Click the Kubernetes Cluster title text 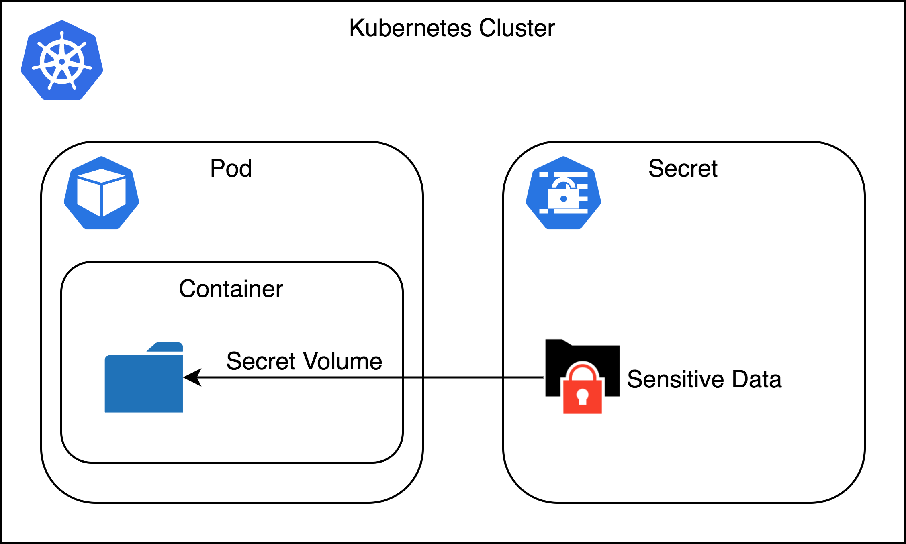click(x=452, y=28)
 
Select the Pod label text click(x=231, y=168)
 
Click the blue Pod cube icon click(x=101, y=193)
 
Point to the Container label click(x=231, y=289)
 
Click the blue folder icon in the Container click(x=143, y=381)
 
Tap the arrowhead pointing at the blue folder click(x=192, y=377)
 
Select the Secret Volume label click(x=304, y=361)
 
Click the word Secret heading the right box click(x=683, y=168)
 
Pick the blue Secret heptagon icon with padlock click(x=563, y=193)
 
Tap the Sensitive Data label click(x=704, y=379)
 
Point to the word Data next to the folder click(x=757, y=379)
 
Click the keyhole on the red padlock click(x=582, y=397)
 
